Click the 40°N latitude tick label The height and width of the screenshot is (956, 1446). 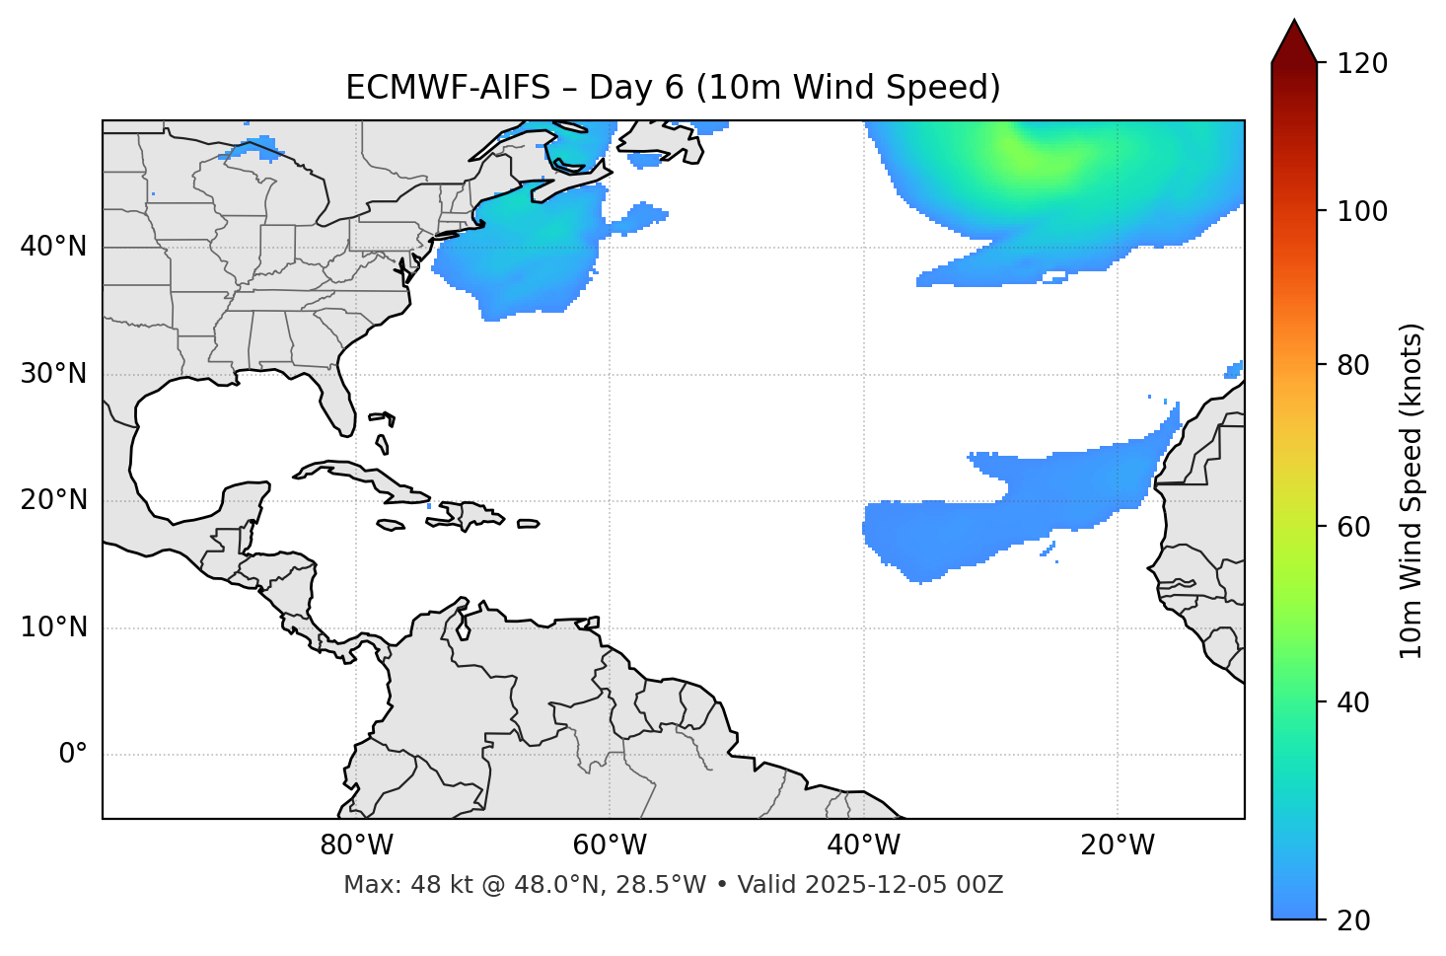click(53, 247)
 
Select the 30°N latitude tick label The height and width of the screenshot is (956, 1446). click(53, 374)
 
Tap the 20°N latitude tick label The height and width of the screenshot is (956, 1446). click(53, 500)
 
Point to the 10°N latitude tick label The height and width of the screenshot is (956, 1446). click(53, 627)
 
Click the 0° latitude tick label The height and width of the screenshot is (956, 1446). click(73, 755)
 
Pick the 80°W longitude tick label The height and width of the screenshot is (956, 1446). click(356, 846)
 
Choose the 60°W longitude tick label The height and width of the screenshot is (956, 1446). click(610, 846)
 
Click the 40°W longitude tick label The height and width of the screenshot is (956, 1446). click(863, 846)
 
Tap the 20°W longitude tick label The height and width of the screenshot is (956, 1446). click(1117, 846)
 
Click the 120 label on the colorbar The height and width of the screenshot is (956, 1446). click(1362, 64)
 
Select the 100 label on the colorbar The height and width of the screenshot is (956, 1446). click(1362, 211)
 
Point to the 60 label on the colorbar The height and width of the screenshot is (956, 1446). click(1353, 527)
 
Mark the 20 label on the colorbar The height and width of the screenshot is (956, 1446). click(1353, 920)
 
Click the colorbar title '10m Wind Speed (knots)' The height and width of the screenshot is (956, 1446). click(1411, 491)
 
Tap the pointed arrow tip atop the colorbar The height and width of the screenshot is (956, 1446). click(1294, 22)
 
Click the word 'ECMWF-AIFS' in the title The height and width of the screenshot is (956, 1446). click(448, 88)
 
